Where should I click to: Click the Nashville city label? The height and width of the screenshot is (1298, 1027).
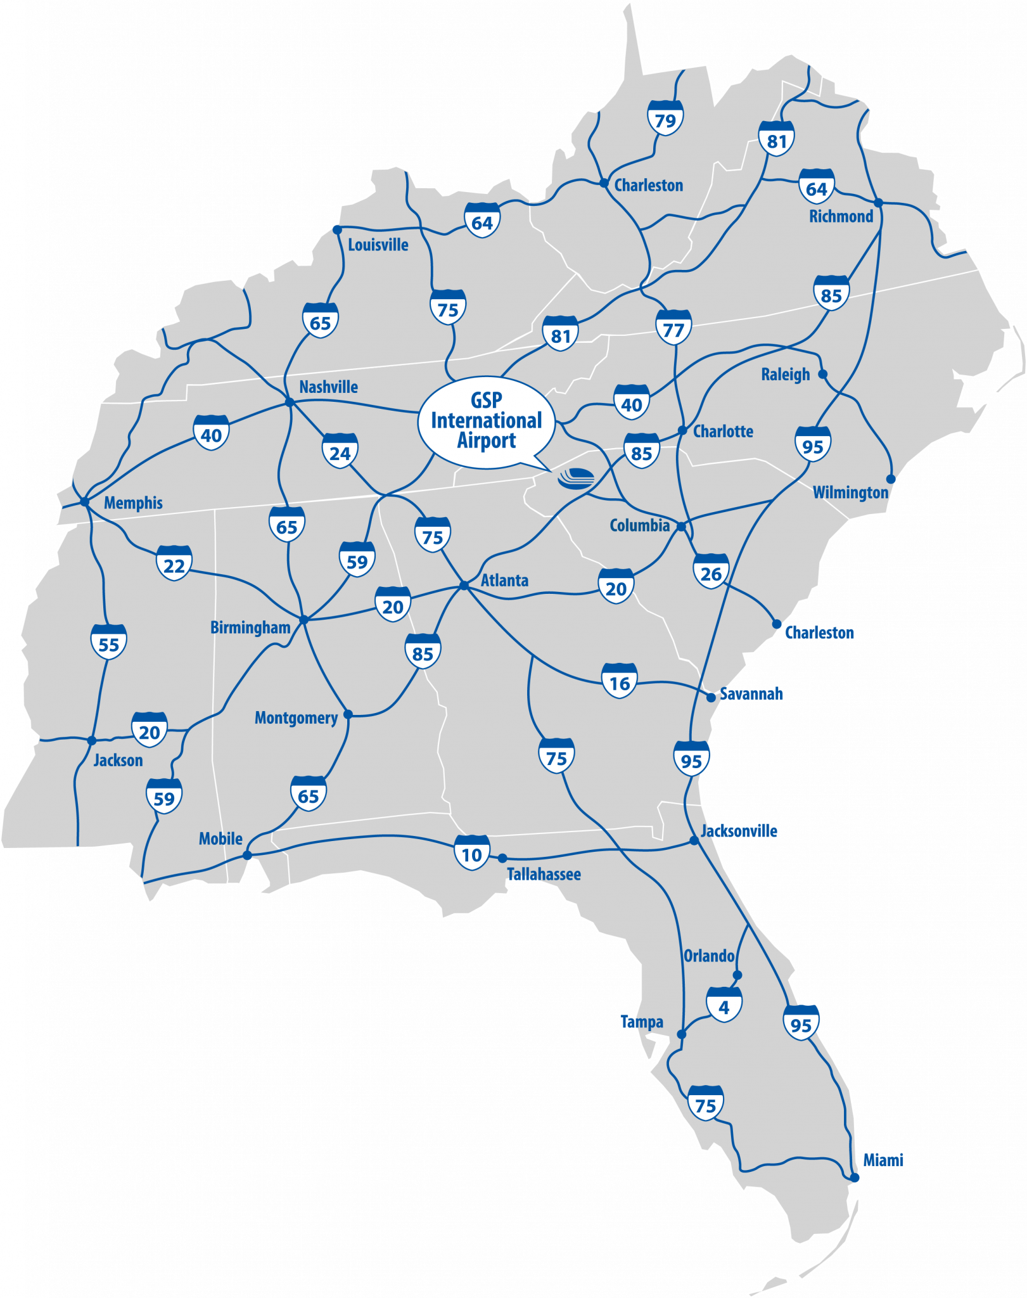pyautogui.click(x=328, y=387)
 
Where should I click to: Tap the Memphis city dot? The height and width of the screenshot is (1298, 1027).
pyautogui.click(x=85, y=502)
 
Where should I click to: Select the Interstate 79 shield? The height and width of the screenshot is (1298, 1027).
pyautogui.click(x=665, y=119)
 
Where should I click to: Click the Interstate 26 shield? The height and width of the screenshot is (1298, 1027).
pyautogui.click(x=711, y=572)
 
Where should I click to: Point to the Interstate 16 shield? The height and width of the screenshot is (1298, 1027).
pyautogui.click(x=619, y=682)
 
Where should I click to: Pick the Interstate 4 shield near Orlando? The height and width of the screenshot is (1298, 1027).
pyautogui.click(x=724, y=1005)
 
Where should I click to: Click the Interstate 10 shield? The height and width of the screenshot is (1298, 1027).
pyautogui.click(x=472, y=854)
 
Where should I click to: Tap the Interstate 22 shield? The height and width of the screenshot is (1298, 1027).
pyautogui.click(x=174, y=563)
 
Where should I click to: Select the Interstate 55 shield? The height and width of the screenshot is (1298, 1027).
pyautogui.click(x=109, y=643)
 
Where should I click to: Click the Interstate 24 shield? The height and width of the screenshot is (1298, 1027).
pyautogui.click(x=340, y=451)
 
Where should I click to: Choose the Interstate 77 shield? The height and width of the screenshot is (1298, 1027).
pyautogui.click(x=673, y=328)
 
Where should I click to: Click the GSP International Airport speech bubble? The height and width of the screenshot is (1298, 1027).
pyautogui.click(x=486, y=421)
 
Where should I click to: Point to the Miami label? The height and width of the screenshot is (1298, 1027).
pyautogui.click(x=883, y=1160)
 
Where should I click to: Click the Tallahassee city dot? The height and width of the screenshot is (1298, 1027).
pyautogui.click(x=502, y=858)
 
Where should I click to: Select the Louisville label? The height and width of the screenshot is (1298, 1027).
pyautogui.click(x=378, y=245)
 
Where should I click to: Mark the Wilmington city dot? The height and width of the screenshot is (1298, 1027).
pyautogui.click(x=891, y=479)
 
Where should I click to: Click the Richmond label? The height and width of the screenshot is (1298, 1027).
pyautogui.click(x=841, y=216)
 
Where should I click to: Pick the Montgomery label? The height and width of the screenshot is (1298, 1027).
pyautogui.click(x=296, y=717)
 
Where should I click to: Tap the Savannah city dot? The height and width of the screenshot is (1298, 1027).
pyautogui.click(x=711, y=697)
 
